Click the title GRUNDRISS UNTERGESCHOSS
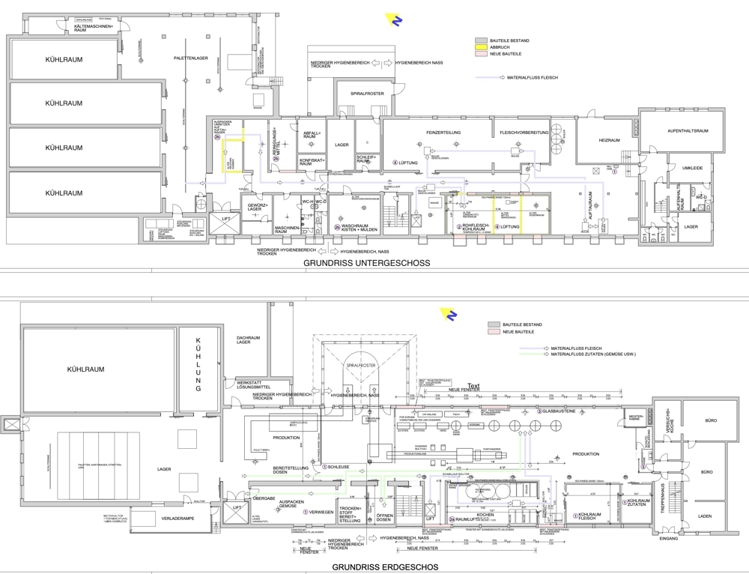pyautogui.click(x=366, y=264)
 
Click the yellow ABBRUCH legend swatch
pyautogui.click(x=482, y=48)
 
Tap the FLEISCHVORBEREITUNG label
pyautogui.click(x=525, y=132)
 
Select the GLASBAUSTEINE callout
pyautogui.click(x=557, y=411)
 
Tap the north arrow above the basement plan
pyautogui.click(x=397, y=20)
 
